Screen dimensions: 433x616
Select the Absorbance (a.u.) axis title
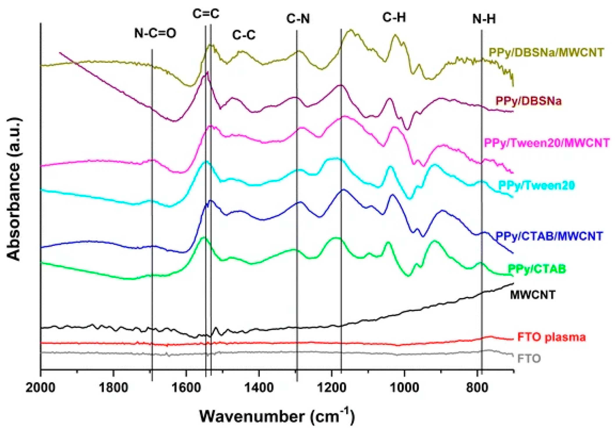[14, 189]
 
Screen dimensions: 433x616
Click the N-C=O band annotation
[155, 34]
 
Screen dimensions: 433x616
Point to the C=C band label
[206, 14]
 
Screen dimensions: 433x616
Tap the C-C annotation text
[244, 35]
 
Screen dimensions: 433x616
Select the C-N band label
[298, 19]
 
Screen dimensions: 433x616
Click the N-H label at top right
[484, 19]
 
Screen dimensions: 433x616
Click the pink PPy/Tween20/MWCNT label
[546, 143]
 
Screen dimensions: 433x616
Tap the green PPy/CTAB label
[537, 269]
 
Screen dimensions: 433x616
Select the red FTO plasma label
[551, 337]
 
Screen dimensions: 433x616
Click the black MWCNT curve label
[532, 295]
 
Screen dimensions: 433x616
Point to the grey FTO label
[529, 359]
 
